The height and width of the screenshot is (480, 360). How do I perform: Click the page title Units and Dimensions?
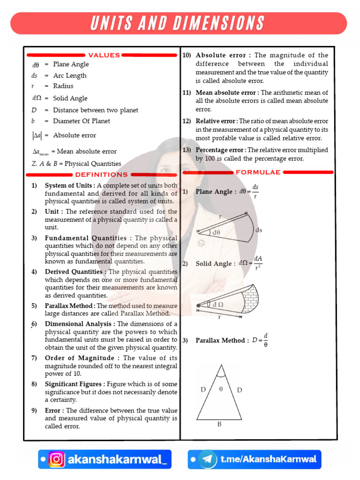(179, 23)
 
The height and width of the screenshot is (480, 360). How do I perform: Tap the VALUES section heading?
(104, 55)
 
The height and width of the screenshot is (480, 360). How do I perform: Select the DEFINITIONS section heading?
(102, 174)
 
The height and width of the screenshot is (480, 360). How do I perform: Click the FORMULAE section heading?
(258, 172)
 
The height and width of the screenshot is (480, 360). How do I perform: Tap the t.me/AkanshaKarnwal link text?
(268, 459)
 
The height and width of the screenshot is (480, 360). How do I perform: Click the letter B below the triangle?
(219, 425)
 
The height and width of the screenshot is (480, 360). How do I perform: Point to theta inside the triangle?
(221, 389)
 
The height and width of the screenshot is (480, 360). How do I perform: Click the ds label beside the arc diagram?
(259, 230)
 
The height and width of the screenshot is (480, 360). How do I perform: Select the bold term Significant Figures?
(74, 384)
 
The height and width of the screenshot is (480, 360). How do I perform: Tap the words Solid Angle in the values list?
(70, 98)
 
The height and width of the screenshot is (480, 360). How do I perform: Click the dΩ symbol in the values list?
(37, 98)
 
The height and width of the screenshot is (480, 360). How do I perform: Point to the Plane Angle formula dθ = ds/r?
(249, 191)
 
